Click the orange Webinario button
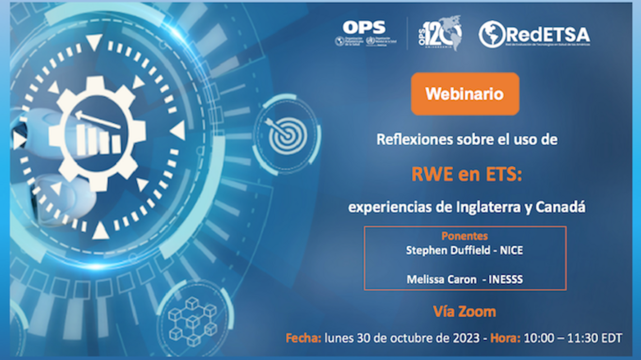(x=464, y=94)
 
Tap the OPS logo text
(x=364, y=28)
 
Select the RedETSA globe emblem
(x=492, y=34)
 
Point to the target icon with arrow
(x=288, y=134)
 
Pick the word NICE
(x=511, y=250)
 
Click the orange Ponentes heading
(x=464, y=236)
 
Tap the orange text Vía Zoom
(x=464, y=311)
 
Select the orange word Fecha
(x=303, y=338)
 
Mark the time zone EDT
(x=611, y=338)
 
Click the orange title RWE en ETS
(x=466, y=174)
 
